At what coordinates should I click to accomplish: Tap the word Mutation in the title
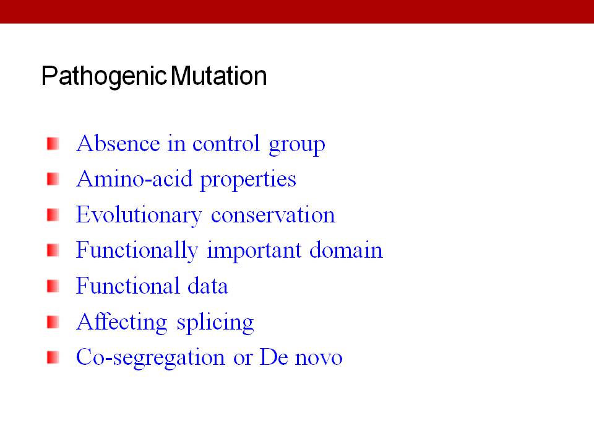coord(219,76)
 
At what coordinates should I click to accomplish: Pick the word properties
coord(248,180)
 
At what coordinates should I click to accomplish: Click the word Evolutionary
coord(139,216)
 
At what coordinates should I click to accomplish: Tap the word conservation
coord(273,215)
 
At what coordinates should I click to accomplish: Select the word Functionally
coord(137,251)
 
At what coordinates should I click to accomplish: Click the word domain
coord(346,250)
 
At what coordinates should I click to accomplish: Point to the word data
coord(208,286)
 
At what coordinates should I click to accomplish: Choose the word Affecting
coord(122,323)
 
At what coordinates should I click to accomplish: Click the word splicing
coord(215,323)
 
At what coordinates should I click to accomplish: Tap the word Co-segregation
coord(150,359)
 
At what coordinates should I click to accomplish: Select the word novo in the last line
coord(319,359)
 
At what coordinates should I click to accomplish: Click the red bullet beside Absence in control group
coord(53,144)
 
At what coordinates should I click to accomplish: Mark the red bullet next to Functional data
coord(53,286)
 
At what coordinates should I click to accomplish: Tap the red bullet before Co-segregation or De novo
coord(53,357)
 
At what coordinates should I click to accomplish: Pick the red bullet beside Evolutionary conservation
coord(53,215)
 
